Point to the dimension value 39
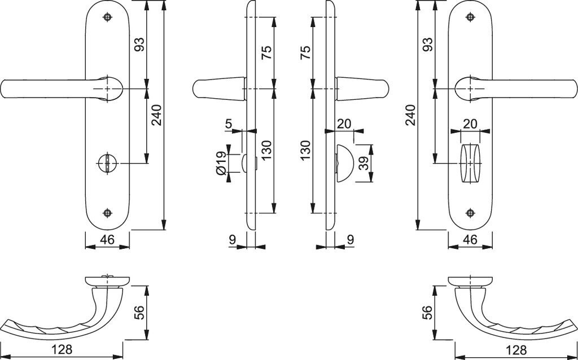click(364, 163)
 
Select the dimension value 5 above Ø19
click(228, 123)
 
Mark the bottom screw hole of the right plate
click(469, 213)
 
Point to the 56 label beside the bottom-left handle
click(139, 312)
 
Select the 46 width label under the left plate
click(107, 239)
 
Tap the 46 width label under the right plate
click(470, 239)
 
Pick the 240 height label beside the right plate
click(411, 115)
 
